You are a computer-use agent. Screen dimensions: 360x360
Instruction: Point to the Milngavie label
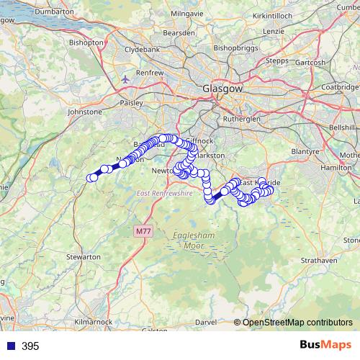pos(187,13)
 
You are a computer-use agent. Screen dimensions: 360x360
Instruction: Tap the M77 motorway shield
pos(143,230)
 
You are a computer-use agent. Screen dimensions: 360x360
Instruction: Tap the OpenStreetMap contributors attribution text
pos(297,323)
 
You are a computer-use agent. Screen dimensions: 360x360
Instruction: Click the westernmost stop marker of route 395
pos(91,178)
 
